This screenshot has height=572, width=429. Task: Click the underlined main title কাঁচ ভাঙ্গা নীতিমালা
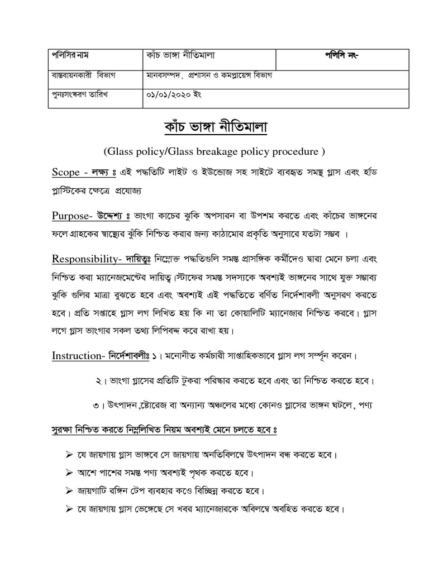(x=214, y=128)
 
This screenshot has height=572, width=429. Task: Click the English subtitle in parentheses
(x=214, y=151)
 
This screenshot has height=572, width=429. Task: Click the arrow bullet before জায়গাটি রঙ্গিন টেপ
(x=70, y=491)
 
